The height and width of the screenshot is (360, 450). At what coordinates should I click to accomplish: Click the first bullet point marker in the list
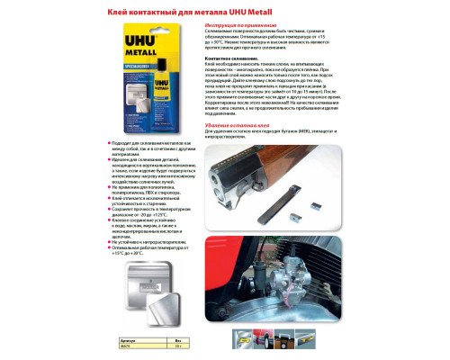[109, 143]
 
